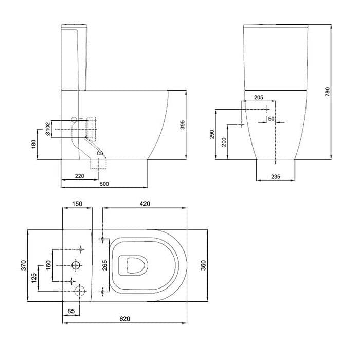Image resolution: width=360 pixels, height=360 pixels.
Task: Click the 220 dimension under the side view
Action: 80,176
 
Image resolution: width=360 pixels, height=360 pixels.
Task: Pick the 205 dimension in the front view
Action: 259,97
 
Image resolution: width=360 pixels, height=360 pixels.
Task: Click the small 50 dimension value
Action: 271,119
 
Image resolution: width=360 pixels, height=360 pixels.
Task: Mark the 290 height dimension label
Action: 212,135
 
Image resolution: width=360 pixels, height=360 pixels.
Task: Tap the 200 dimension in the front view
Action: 224,141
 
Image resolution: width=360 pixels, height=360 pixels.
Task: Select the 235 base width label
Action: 276,176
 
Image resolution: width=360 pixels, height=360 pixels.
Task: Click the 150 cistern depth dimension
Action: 78,204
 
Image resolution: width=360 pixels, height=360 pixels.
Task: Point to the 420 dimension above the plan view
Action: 144,204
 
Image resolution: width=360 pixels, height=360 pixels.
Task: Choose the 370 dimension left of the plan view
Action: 22,264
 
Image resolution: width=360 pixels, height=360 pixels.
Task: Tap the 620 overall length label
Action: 125,319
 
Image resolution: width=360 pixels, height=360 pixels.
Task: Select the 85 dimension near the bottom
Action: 72,311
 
